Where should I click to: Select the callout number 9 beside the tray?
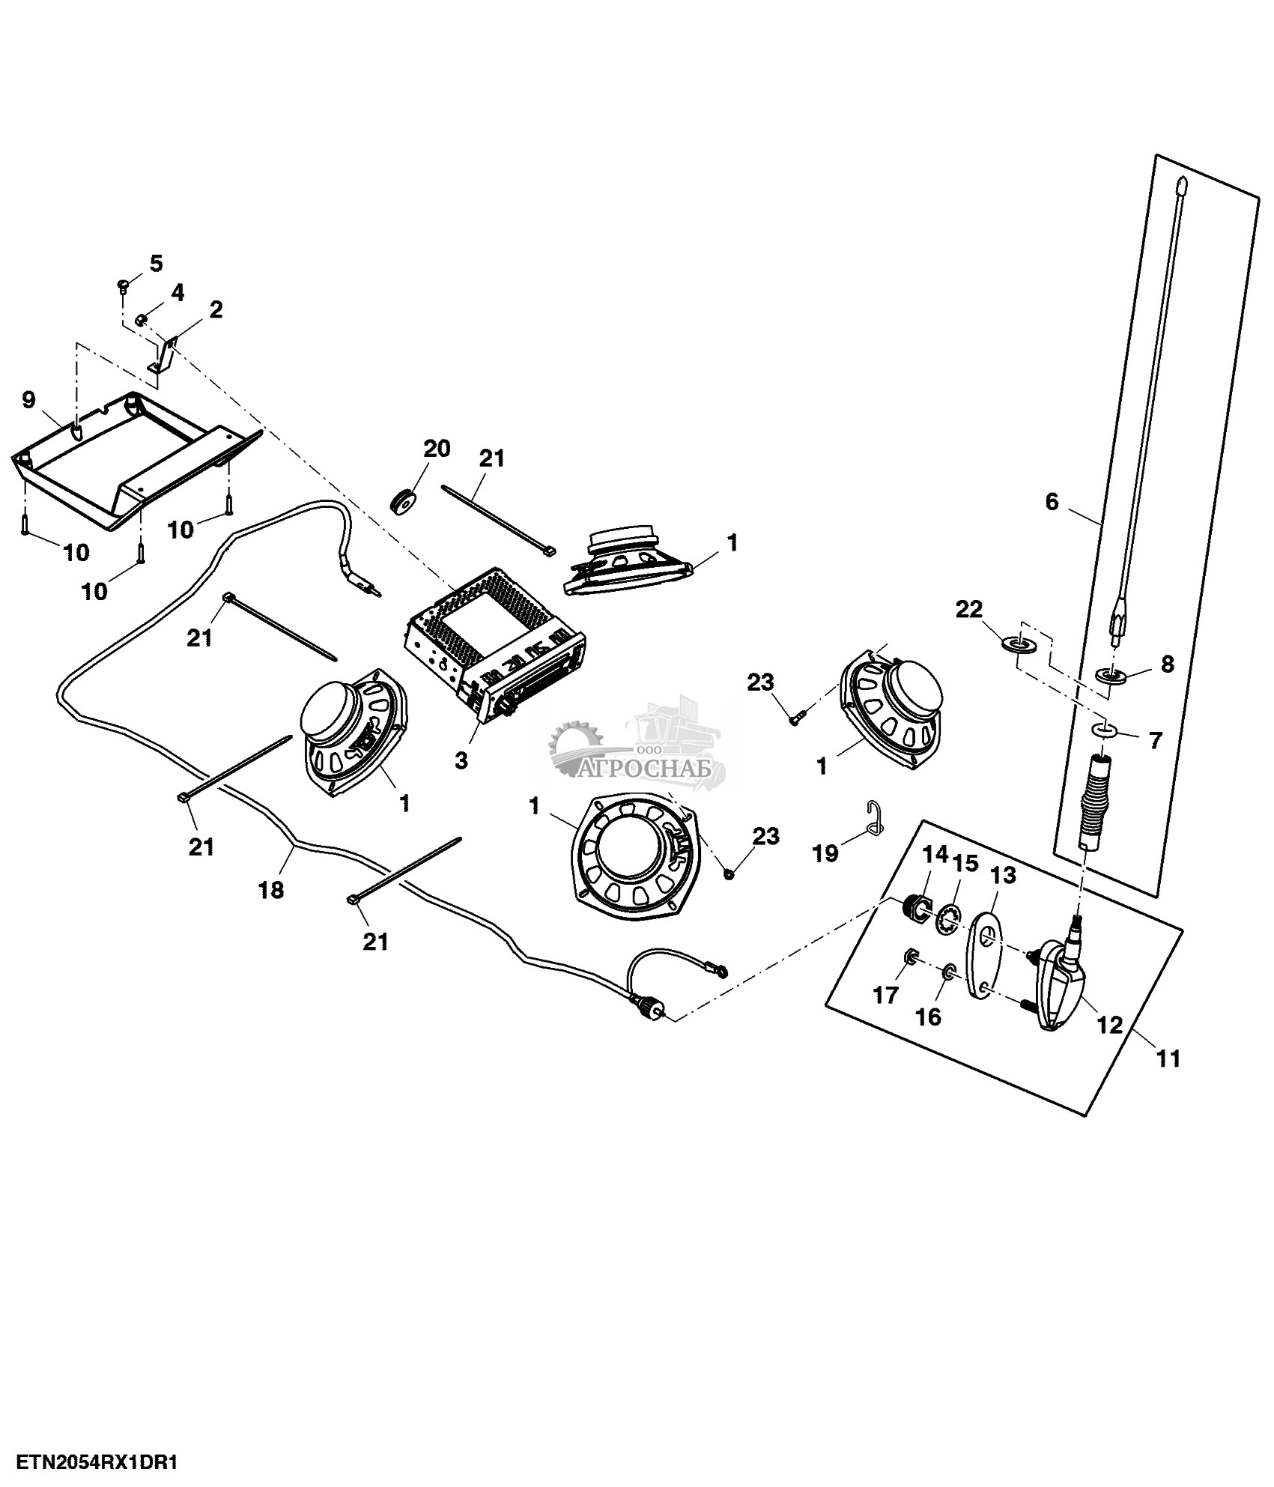coord(28,400)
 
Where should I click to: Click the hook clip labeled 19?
coord(875,816)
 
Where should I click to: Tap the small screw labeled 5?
coord(124,285)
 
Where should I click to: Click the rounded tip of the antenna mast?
coord(1182,184)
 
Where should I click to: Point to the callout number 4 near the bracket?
coord(177,292)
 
